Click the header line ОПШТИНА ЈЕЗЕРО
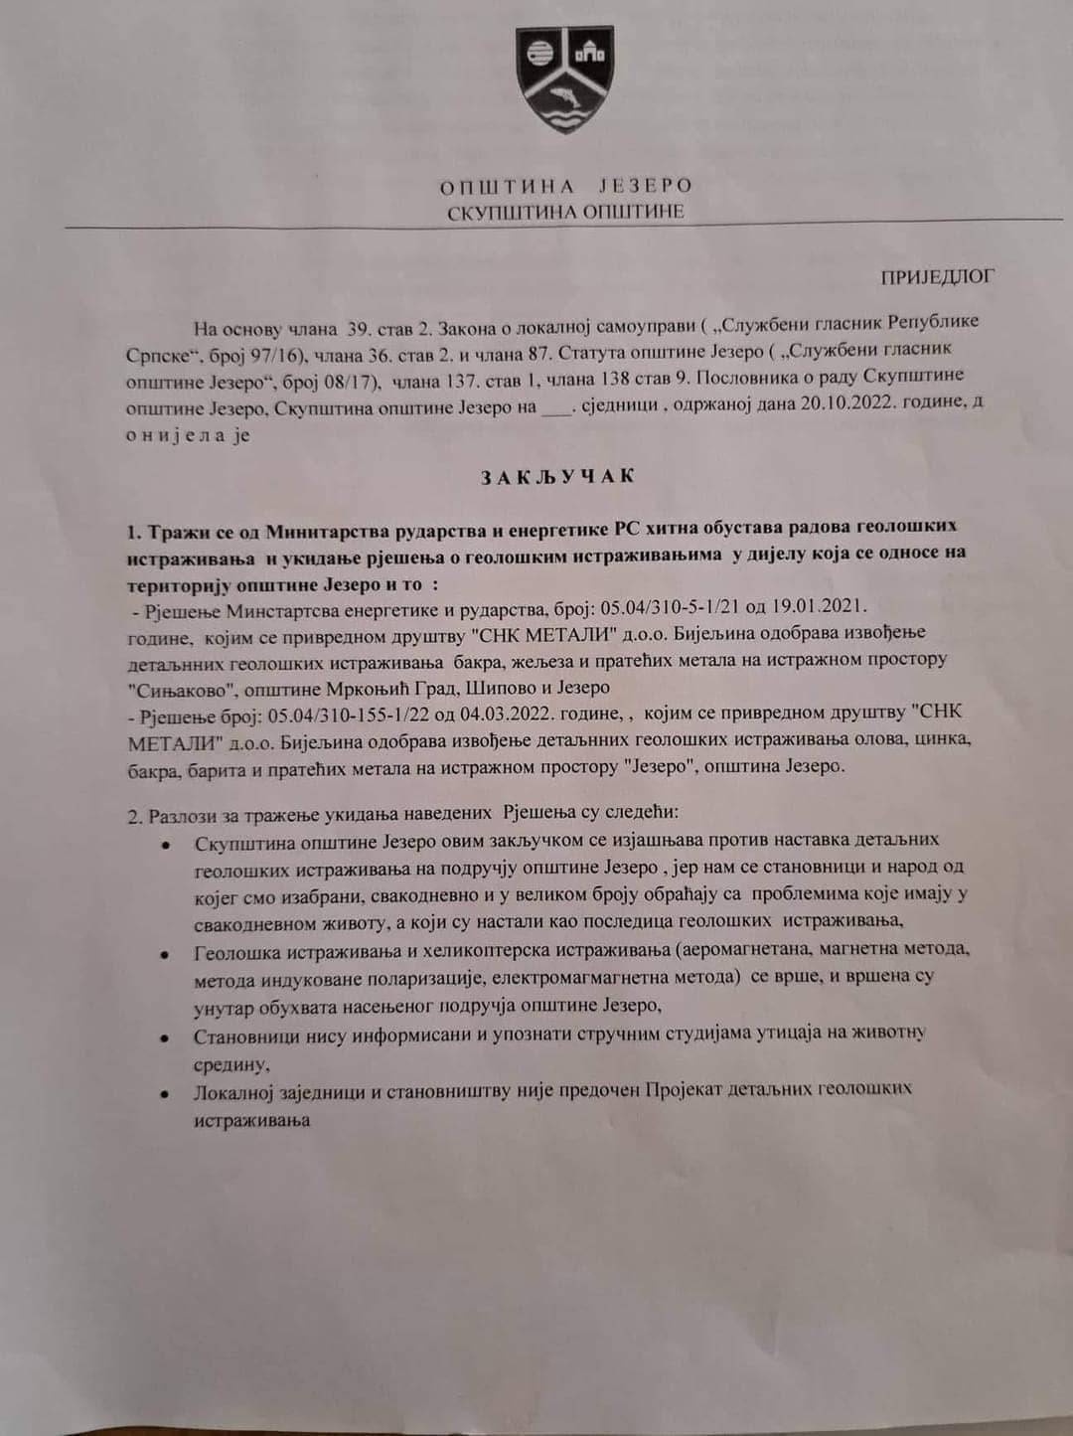click(x=565, y=186)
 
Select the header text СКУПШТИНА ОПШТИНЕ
click(x=565, y=211)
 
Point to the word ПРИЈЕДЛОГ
click(x=937, y=277)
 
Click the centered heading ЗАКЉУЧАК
click(x=557, y=476)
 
